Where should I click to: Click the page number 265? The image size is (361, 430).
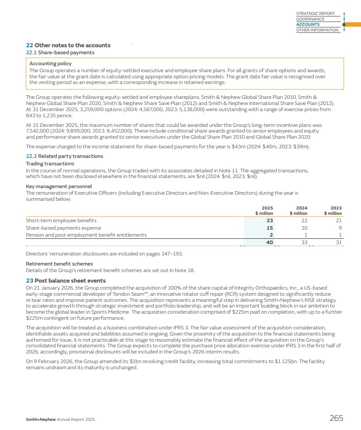point(336,418)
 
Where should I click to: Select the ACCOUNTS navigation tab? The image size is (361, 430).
point(308,24)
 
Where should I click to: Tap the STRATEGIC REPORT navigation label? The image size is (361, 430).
point(315,14)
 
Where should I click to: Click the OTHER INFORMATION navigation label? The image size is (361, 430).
point(317,30)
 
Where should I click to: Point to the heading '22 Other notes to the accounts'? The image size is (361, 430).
point(68,45)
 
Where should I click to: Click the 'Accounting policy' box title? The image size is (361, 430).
point(47,63)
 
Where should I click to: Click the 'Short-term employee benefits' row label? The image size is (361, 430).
point(61,220)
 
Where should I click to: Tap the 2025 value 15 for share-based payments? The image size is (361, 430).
point(270,228)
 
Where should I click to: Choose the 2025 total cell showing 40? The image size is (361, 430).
point(270,242)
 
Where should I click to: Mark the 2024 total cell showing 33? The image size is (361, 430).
point(304,242)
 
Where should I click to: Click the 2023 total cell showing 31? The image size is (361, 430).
point(338,242)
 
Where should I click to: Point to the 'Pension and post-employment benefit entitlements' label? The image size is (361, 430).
point(86,235)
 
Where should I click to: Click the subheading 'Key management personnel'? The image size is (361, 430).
point(59,186)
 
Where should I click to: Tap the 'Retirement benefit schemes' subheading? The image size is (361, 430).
point(59,264)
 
